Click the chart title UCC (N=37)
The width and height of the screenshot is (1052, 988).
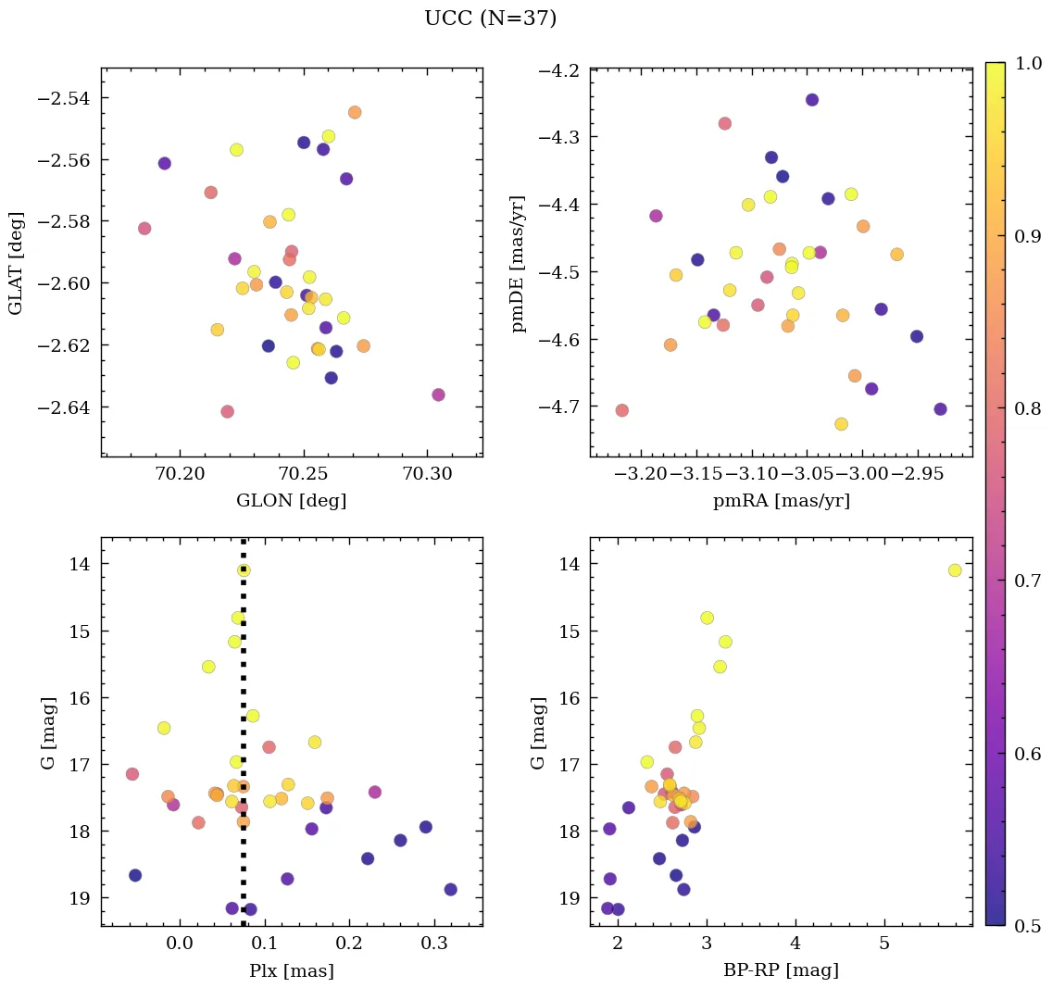click(x=490, y=19)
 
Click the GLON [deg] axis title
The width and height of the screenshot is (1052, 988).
click(x=292, y=501)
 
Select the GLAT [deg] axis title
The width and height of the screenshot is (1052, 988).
click(x=18, y=262)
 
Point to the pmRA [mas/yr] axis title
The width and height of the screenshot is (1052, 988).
click(x=781, y=501)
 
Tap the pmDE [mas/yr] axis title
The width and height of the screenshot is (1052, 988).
click(x=518, y=263)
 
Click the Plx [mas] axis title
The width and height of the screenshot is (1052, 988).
click(x=292, y=970)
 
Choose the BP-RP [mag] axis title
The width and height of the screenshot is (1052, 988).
click(x=781, y=970)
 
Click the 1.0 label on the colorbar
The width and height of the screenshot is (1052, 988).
click(x=1028, y=63)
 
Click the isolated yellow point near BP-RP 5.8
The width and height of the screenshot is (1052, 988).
click(x=955, y=570)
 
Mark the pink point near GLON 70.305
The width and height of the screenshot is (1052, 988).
click(x=438, y=394)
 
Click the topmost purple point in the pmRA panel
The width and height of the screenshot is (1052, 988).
click(x=812, y=100)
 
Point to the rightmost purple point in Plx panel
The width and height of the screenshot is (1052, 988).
click(x=450, y=889)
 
